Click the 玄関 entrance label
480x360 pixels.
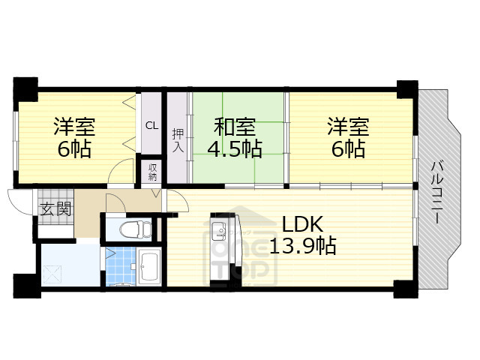[55, 208]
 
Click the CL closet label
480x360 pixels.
[151, 125]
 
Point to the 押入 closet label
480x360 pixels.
[178, 139]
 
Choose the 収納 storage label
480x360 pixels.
[151, 172]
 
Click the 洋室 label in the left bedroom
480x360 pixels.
[74, 126]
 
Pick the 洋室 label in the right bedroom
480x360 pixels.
[346, 126]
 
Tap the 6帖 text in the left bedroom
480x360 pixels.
[74, 148]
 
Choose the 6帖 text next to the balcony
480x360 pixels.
[346, 148]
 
